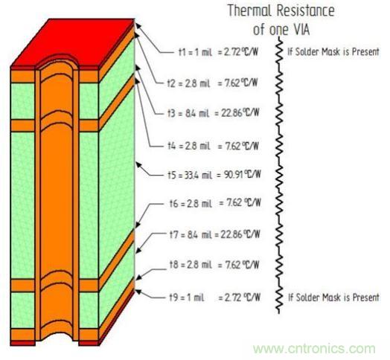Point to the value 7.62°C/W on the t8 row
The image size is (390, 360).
(243, 264)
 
